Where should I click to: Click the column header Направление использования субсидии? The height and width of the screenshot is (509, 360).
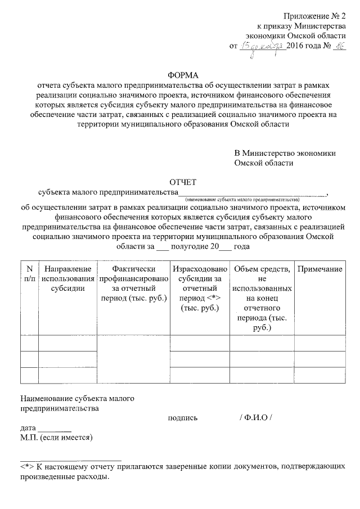pyautogui.click(x=67, y=278)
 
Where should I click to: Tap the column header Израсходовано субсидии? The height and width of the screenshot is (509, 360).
pyautogui.click(x=200, y=287)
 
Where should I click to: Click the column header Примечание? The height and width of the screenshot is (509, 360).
pyautogui.click(x=319, y=269)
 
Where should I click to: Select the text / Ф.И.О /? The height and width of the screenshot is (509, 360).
pyautogui.click(x=255, y=417)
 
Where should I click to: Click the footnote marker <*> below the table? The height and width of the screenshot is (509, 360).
pyautogui.click(x=27, y=467)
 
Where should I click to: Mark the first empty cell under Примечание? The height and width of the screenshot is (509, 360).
pyautogui.click(x=319, y=343)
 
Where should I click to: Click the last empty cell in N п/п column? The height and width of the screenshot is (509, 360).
pyautogui.click(x=29, y=375)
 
